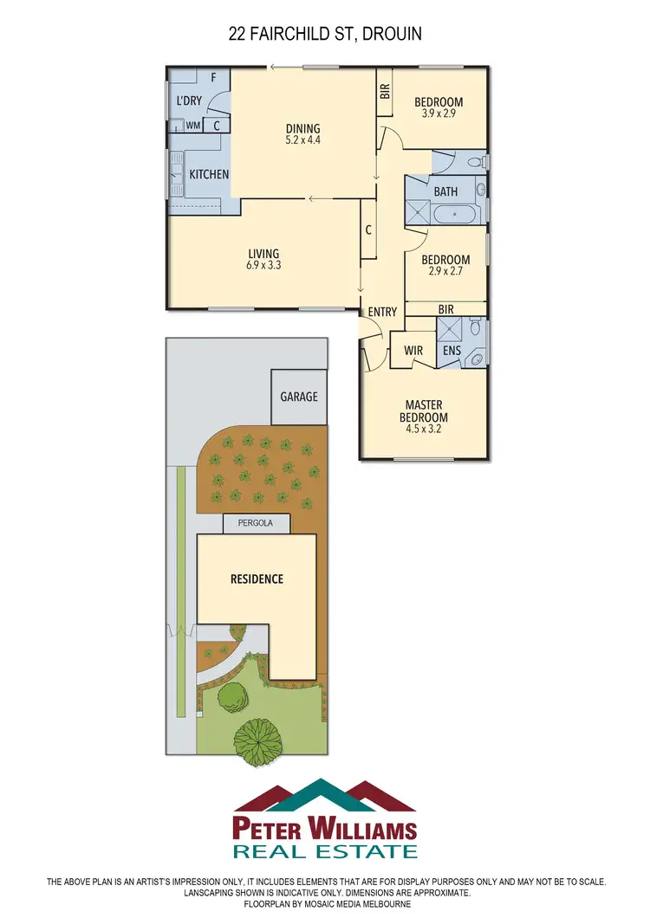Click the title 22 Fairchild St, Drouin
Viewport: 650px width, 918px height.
(325, 34)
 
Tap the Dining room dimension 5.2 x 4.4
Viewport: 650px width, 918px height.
(302, 140)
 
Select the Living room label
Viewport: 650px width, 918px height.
(263, 254)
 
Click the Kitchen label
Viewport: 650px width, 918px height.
(209, 174)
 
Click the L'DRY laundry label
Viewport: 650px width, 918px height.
(189, 100)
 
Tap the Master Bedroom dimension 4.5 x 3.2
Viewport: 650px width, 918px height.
(424, 430)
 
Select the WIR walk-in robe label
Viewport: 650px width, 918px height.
(413, 351)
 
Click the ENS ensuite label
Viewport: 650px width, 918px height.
(452, 351)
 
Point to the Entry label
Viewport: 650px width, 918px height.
(382, 312)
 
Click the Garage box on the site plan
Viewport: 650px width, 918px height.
(299, 397)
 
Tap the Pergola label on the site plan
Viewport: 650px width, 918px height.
(256, 524)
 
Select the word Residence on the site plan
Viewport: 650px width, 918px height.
(256, 579)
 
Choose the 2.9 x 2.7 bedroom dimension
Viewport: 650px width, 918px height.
(445, 271)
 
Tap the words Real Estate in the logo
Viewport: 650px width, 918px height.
(325, 851)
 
